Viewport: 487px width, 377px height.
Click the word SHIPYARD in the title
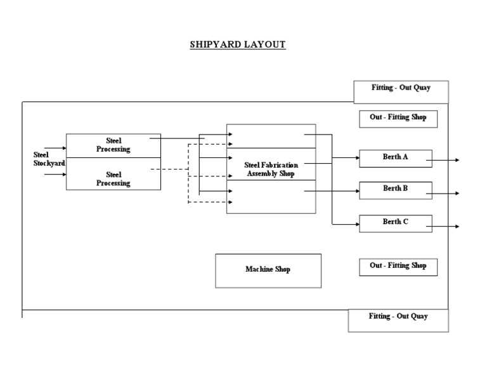[212, 45]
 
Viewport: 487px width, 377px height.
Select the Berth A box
[396, 158]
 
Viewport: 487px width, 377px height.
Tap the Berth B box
[396, 190]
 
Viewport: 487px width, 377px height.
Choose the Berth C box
[396, 223]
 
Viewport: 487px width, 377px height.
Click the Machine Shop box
[268, 270]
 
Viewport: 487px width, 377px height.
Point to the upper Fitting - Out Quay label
[401, 88]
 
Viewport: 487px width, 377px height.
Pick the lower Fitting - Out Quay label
[398, 317]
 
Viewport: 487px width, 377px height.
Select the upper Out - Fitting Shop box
[398, 118]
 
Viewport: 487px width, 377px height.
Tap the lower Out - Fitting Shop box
[398, 267]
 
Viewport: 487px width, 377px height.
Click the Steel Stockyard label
[49, 159]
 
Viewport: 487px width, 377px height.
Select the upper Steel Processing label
[114, 145]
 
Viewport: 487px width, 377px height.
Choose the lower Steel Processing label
[114, 179]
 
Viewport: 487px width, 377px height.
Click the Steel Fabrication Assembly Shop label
[271, 169]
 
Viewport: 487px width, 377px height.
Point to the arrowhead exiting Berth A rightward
[457, 160]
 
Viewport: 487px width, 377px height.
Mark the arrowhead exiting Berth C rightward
[457, 226]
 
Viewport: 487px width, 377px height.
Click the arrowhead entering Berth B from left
[356, 190]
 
